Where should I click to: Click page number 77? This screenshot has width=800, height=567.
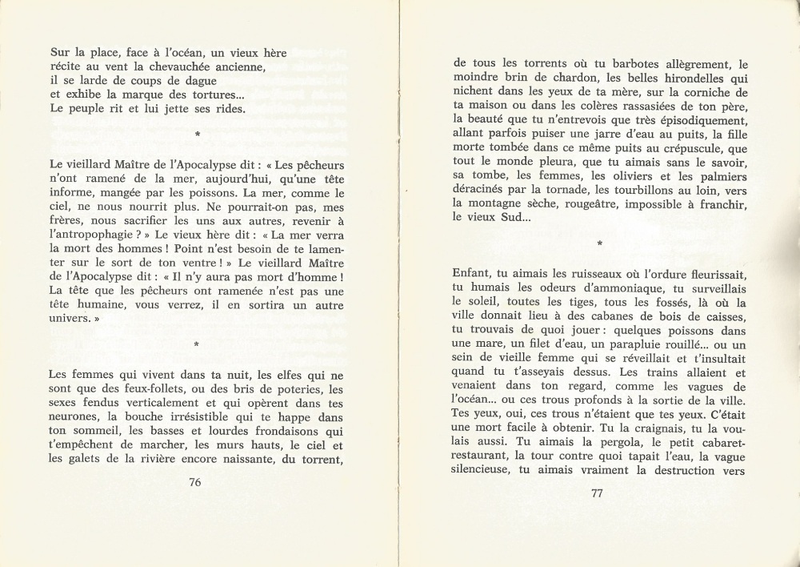click(596, 493)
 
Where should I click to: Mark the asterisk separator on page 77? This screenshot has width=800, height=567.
click(598, 242)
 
